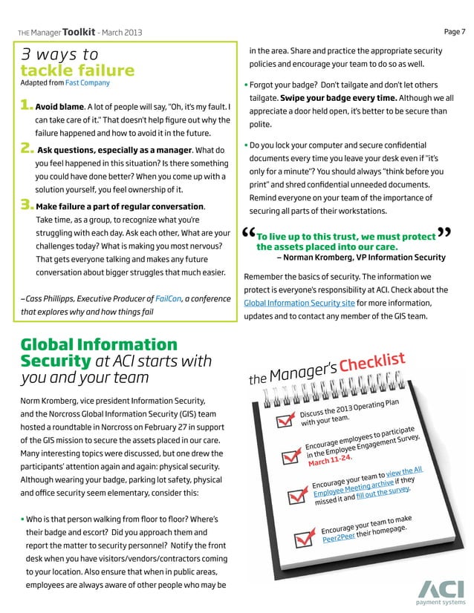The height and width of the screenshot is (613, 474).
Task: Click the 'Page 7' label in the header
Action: coord(454,31)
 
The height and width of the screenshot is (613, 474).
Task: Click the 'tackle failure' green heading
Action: coord(78,71)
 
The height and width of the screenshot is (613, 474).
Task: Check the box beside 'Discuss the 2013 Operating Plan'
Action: coord(284,421)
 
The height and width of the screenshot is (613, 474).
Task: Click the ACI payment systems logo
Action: coord(441,591)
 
